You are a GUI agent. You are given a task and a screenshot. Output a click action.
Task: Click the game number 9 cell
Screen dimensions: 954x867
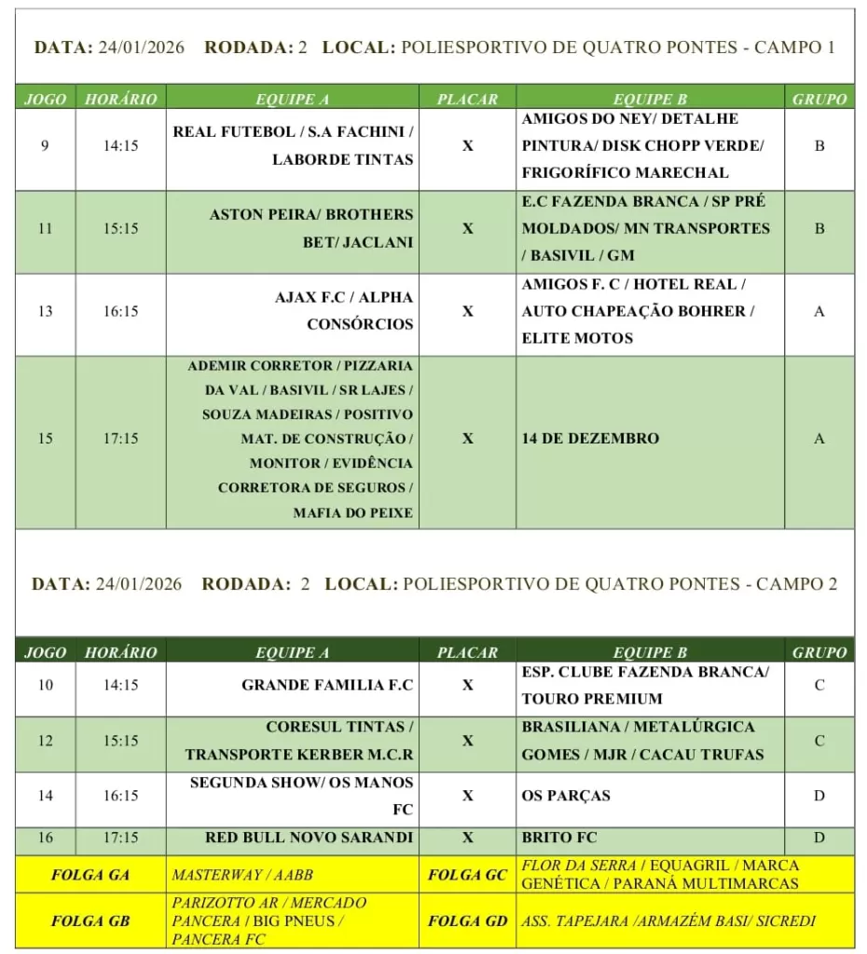point(45,146)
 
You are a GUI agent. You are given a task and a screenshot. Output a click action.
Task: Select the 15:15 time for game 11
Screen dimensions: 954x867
point(121,228)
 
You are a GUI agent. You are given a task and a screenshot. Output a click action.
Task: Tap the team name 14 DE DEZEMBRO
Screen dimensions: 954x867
point(590,439)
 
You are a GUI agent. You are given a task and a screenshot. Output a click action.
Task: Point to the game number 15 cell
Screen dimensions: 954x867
point(45,439)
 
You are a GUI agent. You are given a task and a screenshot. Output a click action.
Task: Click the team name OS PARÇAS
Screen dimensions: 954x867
point(566,796)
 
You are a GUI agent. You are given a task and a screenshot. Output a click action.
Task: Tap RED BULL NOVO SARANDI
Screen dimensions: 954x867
point(309,838)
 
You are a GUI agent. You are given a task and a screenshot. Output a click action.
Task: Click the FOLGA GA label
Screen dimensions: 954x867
point(90,875)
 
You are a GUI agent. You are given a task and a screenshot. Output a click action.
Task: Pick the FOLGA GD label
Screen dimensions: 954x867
point(467,921)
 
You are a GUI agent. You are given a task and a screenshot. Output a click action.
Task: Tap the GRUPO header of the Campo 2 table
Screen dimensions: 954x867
point(819,652)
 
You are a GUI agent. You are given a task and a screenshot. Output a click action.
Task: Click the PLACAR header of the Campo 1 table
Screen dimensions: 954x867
point(467,99)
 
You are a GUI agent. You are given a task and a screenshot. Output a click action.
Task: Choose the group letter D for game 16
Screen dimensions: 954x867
point(819,838)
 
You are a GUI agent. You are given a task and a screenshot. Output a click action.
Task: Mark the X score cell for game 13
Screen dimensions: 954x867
point(468,311)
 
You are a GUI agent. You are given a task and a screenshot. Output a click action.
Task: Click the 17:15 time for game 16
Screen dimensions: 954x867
point(121,838)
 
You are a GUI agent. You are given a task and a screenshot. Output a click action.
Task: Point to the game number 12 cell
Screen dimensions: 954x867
point(45,741)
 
